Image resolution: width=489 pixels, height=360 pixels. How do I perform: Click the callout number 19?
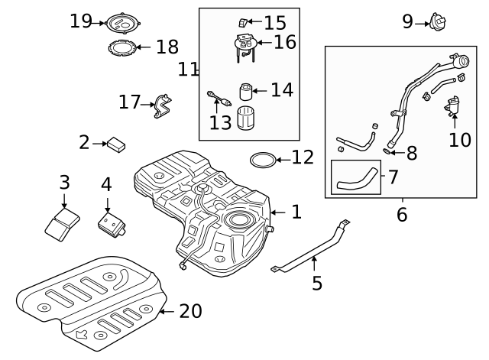tap(80, 21)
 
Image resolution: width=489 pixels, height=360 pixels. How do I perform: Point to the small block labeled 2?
tap(116, 142)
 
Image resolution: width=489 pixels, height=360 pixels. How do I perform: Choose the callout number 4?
tap(106, 184)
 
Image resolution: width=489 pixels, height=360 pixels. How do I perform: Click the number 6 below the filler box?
tap(402, 215)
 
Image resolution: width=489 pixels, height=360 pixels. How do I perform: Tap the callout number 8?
tap(412, 153)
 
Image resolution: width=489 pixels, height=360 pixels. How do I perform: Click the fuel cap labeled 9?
tap(438, 22)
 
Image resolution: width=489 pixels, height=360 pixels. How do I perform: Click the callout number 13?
tap(220, 123)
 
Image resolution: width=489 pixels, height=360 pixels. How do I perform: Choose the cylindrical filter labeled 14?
tap(246, 92)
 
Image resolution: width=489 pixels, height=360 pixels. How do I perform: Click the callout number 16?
tap(284, 42)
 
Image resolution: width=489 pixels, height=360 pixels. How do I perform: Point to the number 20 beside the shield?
tap(191, 311)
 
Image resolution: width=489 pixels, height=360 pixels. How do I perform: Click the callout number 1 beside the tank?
tap(296, 212)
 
